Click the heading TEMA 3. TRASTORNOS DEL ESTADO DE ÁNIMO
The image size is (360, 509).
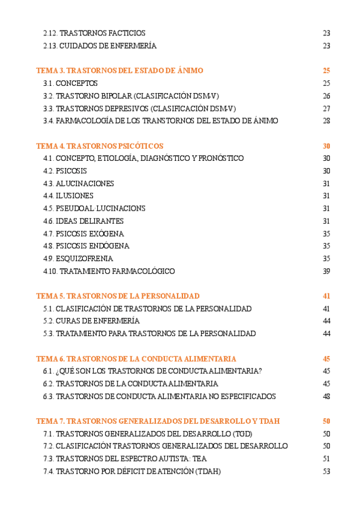[119, 71]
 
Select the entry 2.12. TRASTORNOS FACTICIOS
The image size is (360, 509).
[94, 33]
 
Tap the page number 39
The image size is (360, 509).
[326, 271]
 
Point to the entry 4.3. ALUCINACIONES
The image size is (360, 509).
[78, 183]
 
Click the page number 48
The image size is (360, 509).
[326, 396]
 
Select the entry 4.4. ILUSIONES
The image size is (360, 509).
[68, 196]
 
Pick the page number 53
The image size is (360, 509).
[326, 472]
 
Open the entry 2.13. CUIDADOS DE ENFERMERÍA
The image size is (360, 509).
[100, 46]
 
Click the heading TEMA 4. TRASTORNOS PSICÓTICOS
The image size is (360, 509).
[100, 146]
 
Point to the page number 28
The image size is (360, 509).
[326, 121]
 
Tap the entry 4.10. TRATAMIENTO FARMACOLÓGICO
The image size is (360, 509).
[109, 271]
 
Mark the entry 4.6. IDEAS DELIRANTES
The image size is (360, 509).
[83, 221]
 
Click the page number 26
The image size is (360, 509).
[326, 95]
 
